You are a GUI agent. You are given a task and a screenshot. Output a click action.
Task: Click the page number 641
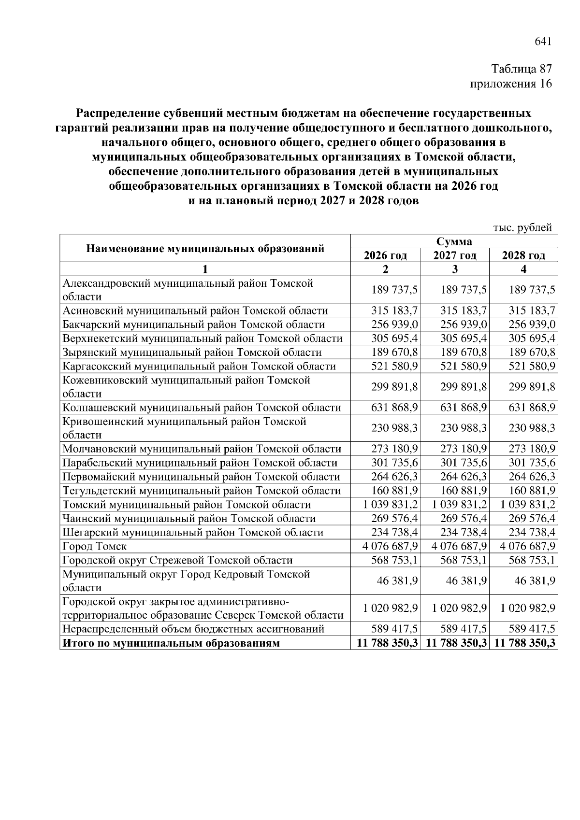542,42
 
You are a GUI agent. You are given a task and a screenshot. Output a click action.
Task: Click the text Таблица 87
521,69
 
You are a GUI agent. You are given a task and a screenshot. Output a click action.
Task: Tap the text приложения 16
511,84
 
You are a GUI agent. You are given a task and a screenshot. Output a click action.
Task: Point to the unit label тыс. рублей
522,227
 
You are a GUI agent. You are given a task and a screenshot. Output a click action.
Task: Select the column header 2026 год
385,255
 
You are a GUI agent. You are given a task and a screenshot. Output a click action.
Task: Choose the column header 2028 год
523,255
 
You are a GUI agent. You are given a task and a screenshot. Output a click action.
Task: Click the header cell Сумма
454,241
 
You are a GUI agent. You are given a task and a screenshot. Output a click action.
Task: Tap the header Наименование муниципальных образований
205,249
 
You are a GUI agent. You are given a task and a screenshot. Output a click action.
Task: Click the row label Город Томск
95,546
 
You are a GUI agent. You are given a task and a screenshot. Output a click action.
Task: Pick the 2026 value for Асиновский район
394,311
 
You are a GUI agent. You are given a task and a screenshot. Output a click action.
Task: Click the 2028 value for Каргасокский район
532,366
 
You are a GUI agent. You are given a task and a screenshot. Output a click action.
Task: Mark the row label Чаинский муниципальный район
189,519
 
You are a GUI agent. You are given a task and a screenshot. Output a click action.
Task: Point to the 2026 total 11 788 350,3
387,643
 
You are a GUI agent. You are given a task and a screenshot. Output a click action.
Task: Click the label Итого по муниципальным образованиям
171,643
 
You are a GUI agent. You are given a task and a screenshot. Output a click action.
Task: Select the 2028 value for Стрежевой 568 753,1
532,560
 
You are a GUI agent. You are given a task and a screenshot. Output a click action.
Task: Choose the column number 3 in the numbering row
454,269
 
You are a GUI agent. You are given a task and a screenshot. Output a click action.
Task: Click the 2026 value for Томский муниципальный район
387,505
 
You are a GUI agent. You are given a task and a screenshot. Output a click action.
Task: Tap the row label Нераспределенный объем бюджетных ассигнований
193,629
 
